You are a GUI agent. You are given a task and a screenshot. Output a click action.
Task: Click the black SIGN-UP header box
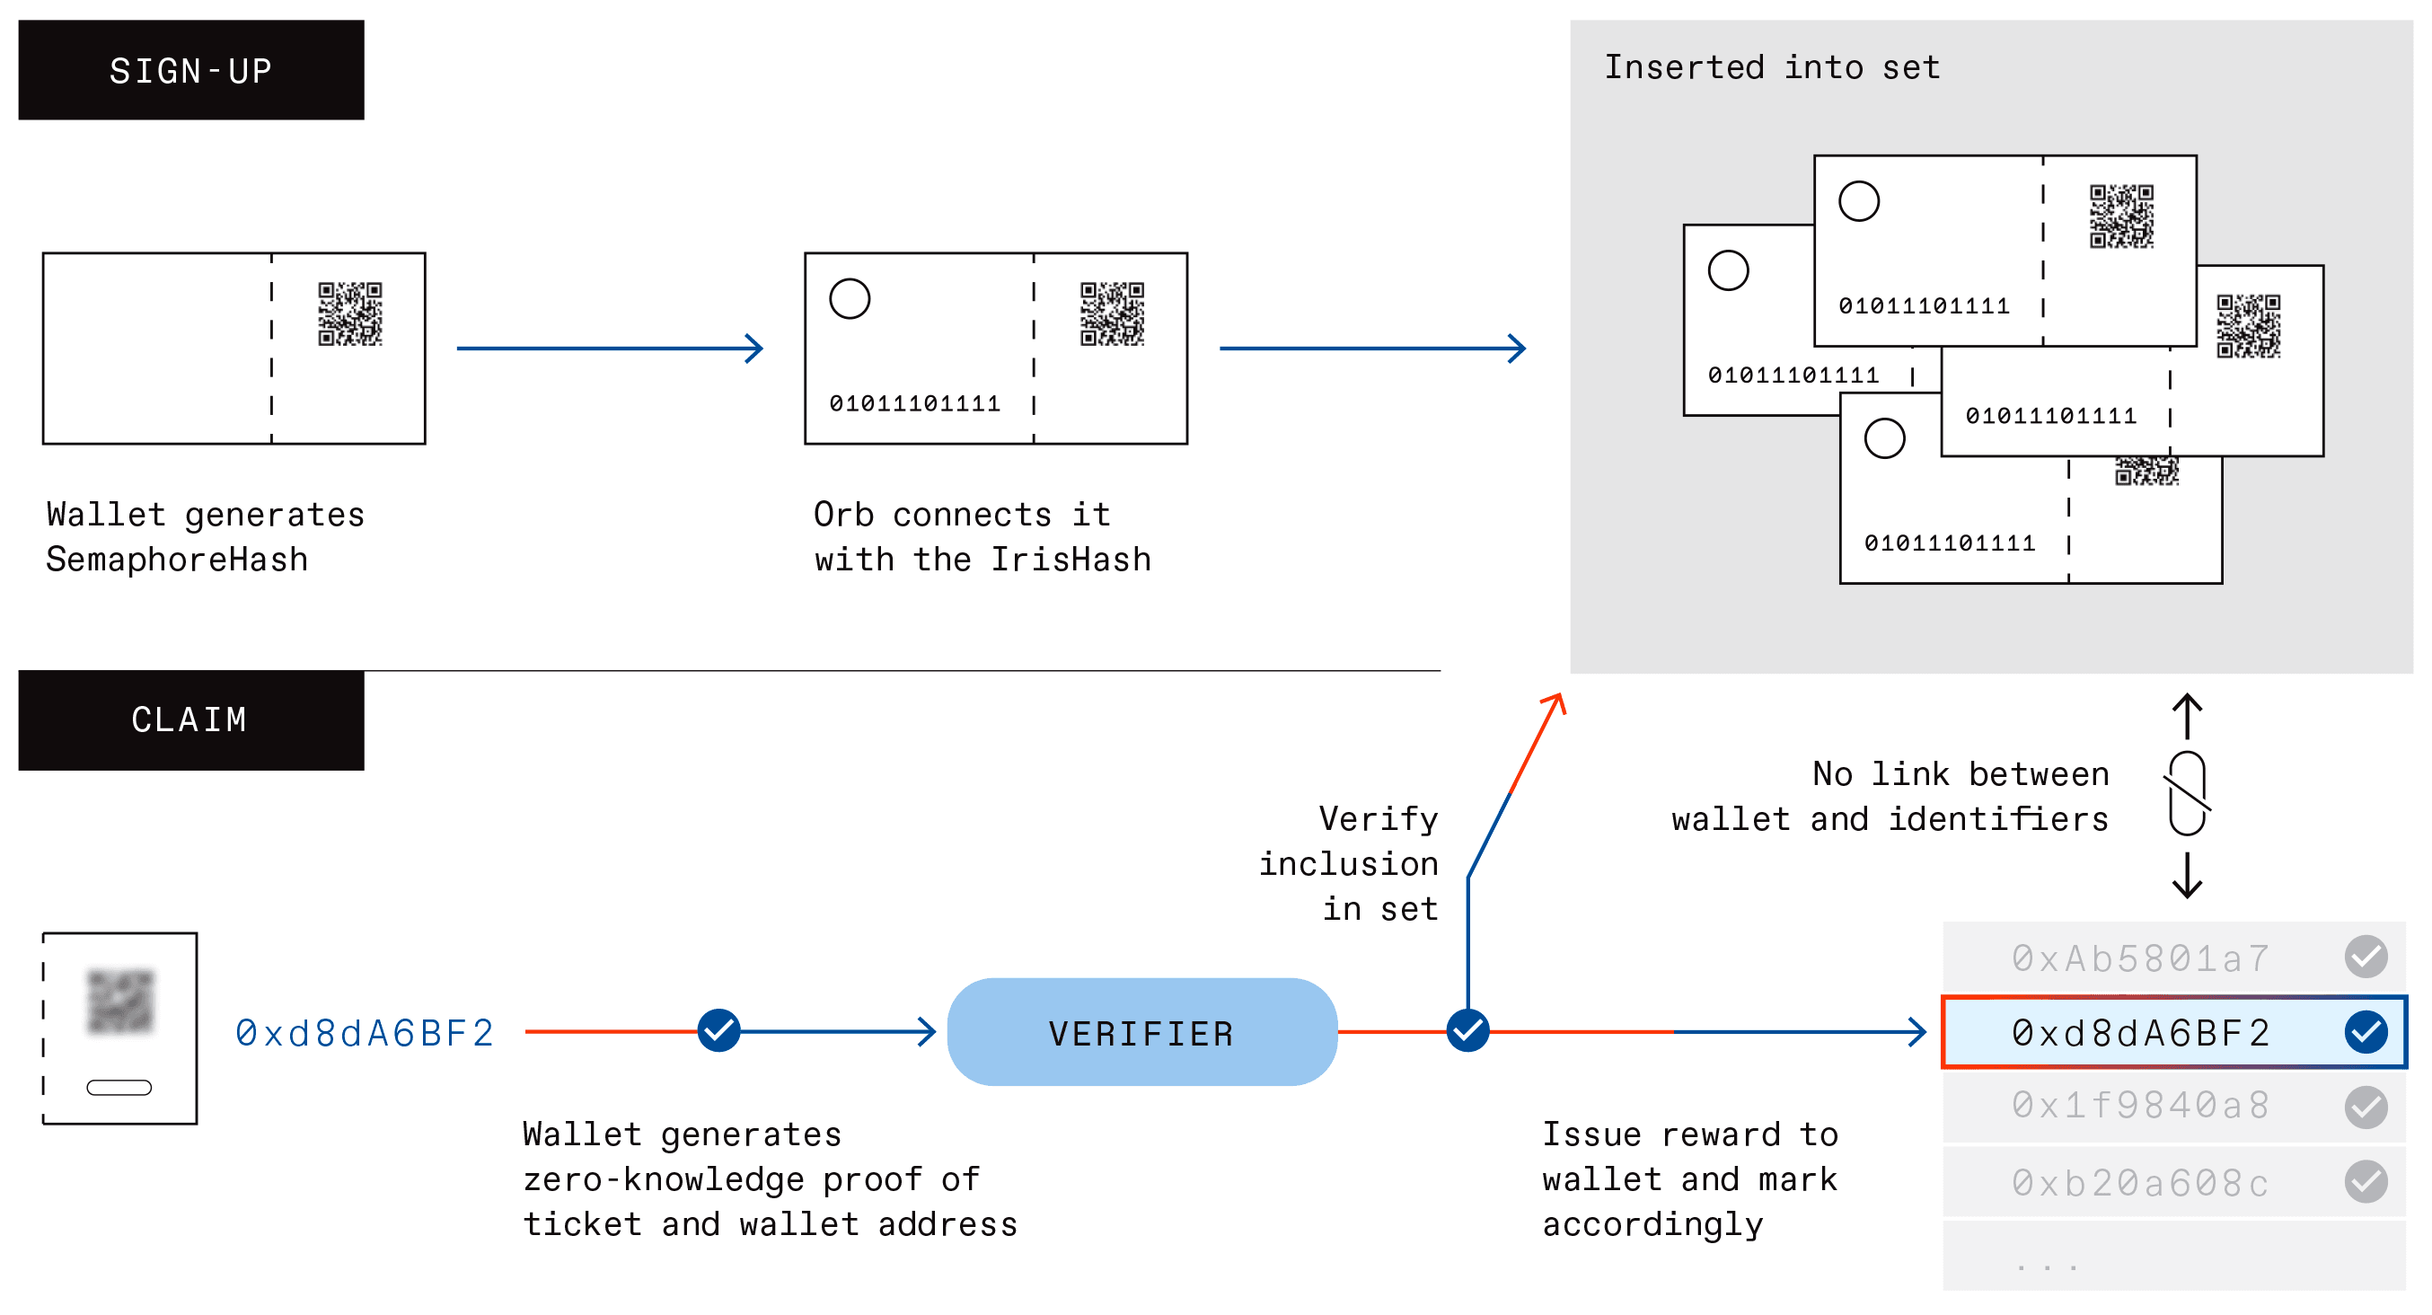coord(190,70)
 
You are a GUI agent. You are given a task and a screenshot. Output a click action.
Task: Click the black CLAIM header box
coord(190,720)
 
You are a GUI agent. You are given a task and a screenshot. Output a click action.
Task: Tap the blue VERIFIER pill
coord(1141,1033)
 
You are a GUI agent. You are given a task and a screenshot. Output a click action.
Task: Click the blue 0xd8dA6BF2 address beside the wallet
coord(365,1033)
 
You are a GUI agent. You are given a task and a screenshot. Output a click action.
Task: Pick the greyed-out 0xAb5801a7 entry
coord(2140,958)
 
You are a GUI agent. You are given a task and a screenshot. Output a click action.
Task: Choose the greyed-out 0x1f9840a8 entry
coord(2140,1106)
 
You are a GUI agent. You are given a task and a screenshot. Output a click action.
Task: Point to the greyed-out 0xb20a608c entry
coord(2140,1183)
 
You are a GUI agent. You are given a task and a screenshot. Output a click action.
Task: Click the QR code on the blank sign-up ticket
coord(350,313)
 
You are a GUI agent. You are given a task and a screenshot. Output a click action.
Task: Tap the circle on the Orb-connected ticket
coord(849,298)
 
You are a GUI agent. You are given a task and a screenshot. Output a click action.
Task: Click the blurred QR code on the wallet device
coord(120,1001)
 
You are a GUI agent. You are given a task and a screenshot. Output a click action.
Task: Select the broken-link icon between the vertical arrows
coord(2187,794)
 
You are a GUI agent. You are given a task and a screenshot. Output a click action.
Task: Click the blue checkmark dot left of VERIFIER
coord(718,1030)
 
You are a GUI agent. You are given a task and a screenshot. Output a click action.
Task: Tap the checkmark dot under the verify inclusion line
coord(1467,1030)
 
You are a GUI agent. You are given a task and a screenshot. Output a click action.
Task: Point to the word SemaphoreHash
coord(177,560)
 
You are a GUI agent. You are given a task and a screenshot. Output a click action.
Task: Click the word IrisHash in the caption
coord(1071,560)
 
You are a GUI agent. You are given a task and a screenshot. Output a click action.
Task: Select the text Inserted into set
coord(1771,68)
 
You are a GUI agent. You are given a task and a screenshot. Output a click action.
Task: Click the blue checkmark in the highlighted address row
coord(2365,1031)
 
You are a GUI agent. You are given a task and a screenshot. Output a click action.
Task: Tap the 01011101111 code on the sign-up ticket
coord(914,404)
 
